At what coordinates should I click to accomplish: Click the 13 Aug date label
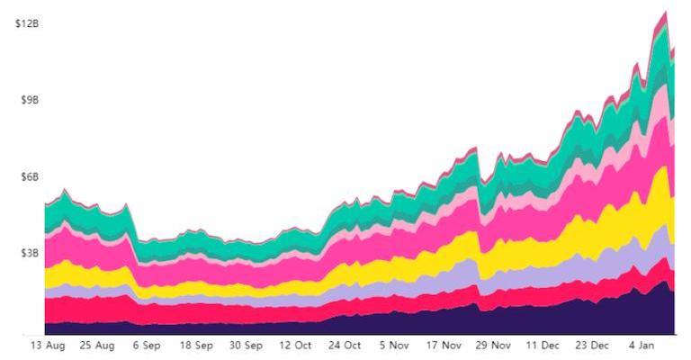tap(49, 345)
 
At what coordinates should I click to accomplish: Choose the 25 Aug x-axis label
tap(98, 345)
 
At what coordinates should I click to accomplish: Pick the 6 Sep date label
tap(148, 345)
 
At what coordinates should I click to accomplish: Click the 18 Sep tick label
tap(196, 345)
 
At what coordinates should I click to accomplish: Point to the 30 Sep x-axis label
tap(246, 345)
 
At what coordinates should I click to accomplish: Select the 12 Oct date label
tap(295, 345)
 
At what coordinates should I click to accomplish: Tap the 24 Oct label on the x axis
tap(345, 345)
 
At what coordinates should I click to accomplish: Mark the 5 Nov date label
tap(394, 345)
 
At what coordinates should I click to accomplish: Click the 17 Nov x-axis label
tap(444, 345)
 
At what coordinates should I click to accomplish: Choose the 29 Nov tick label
tap(493, 345)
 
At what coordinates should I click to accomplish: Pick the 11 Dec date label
tap(543, 345)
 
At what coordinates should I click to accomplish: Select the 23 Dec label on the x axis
tap(592, 345)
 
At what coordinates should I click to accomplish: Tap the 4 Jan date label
tap(641, 345)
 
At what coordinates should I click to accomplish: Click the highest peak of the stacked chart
tap(665, 12)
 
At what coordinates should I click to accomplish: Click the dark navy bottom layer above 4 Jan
tap(641, 310)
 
